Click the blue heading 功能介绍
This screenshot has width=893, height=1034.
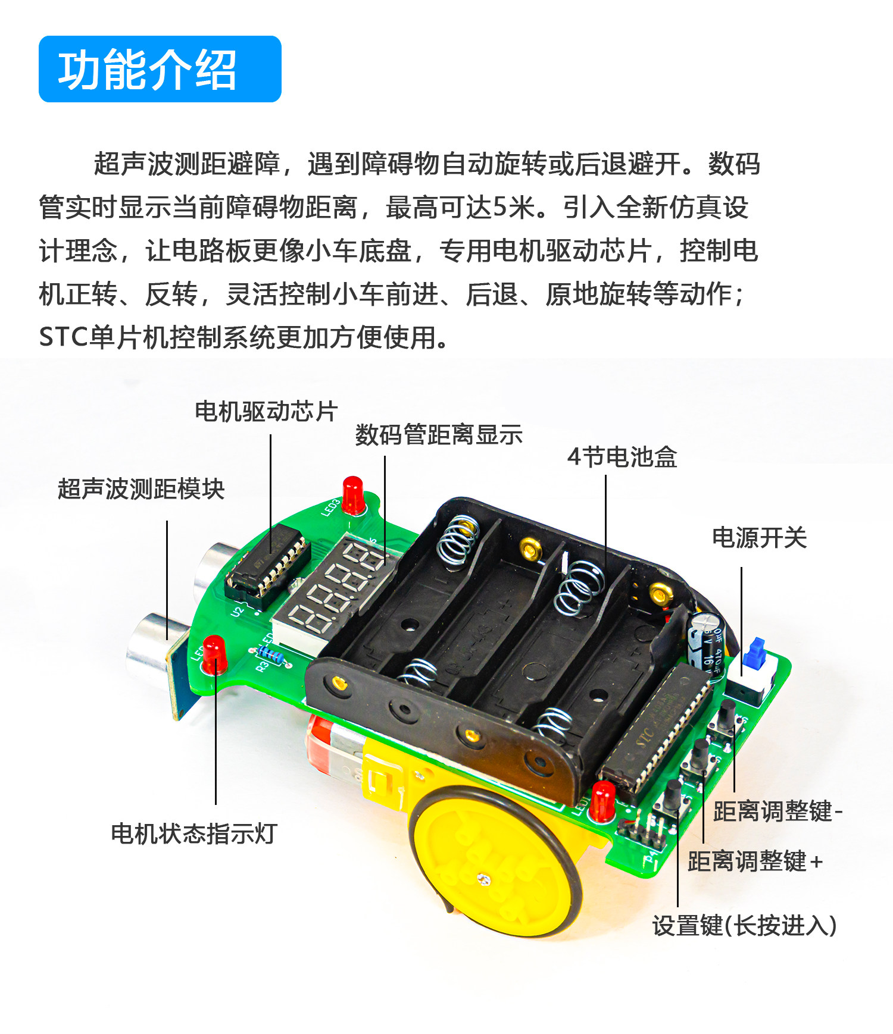[147, 70]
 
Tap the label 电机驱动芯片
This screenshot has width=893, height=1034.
[266, 411]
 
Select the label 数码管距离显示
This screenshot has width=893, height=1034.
[439, 434]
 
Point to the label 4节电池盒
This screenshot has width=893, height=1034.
[622, 457]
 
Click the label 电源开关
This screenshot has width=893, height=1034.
[759, 538]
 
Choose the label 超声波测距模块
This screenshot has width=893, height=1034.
[141, 489]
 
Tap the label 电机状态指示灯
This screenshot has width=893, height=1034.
[194, 834]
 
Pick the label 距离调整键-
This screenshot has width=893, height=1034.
[778, 811]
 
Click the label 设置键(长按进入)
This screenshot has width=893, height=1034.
[745, 925]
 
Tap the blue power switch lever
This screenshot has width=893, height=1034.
[754, 651]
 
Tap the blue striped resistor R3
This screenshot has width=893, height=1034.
[271, 656]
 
